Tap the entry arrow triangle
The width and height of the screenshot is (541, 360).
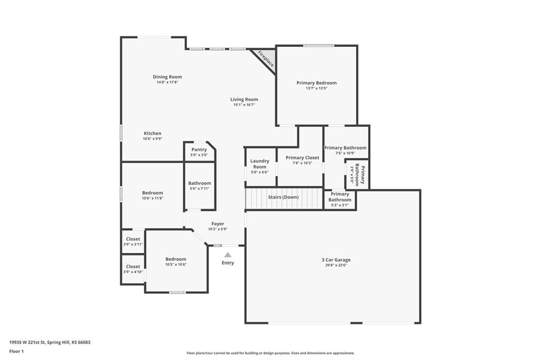[x=228, y=255]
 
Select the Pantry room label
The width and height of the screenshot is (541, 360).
[x=199, y=150]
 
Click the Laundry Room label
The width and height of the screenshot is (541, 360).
[x=260, y=164]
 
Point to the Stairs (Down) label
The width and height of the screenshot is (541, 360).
[x=284, y=197]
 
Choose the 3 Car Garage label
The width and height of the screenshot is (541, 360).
[x=336, y=260]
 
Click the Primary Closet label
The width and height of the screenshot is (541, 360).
[x=302, y=158]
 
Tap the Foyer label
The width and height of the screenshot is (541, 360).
[x=218, y=224]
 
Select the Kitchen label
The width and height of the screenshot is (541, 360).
[x=153, y=134]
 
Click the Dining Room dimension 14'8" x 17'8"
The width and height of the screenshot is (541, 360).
[x=167, y=82]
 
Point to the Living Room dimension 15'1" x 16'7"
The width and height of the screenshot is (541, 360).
[x=244, y=105]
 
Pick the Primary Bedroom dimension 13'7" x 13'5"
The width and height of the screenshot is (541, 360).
[x=317, y=88]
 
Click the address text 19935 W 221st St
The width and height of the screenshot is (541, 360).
[x=27, y=343]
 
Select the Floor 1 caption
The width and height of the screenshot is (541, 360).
[x=16, y=352]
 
